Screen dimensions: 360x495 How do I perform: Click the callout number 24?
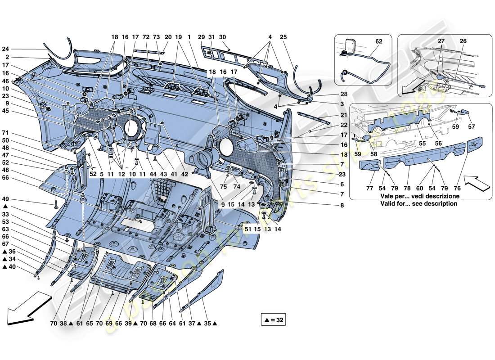(5, 49)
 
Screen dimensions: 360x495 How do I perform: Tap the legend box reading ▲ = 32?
(273, 320)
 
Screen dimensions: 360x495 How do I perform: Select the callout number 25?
(283, 37)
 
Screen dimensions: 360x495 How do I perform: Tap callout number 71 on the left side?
(5, 134)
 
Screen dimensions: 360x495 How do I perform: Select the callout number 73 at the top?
(156, 37)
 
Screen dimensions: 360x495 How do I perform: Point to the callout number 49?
(5, 199)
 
